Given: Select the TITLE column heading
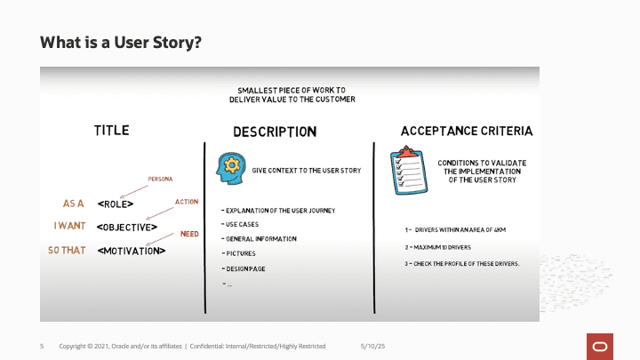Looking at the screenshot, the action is click(112, 131).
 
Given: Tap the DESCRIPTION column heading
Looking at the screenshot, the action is click(275, 132).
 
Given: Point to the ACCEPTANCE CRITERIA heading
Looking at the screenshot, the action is click(467, 131).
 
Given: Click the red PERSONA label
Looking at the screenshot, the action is click(160, 179).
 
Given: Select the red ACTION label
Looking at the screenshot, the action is click(187, 203).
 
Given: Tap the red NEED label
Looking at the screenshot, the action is click(189, 234).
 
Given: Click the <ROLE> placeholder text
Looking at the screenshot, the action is click(116, 203).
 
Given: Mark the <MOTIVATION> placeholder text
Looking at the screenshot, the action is click(132, 251).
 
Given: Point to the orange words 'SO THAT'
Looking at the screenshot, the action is click(67, 251).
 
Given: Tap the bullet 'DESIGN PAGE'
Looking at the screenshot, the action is click(244, 268).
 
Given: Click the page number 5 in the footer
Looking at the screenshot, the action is click(42, 346).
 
